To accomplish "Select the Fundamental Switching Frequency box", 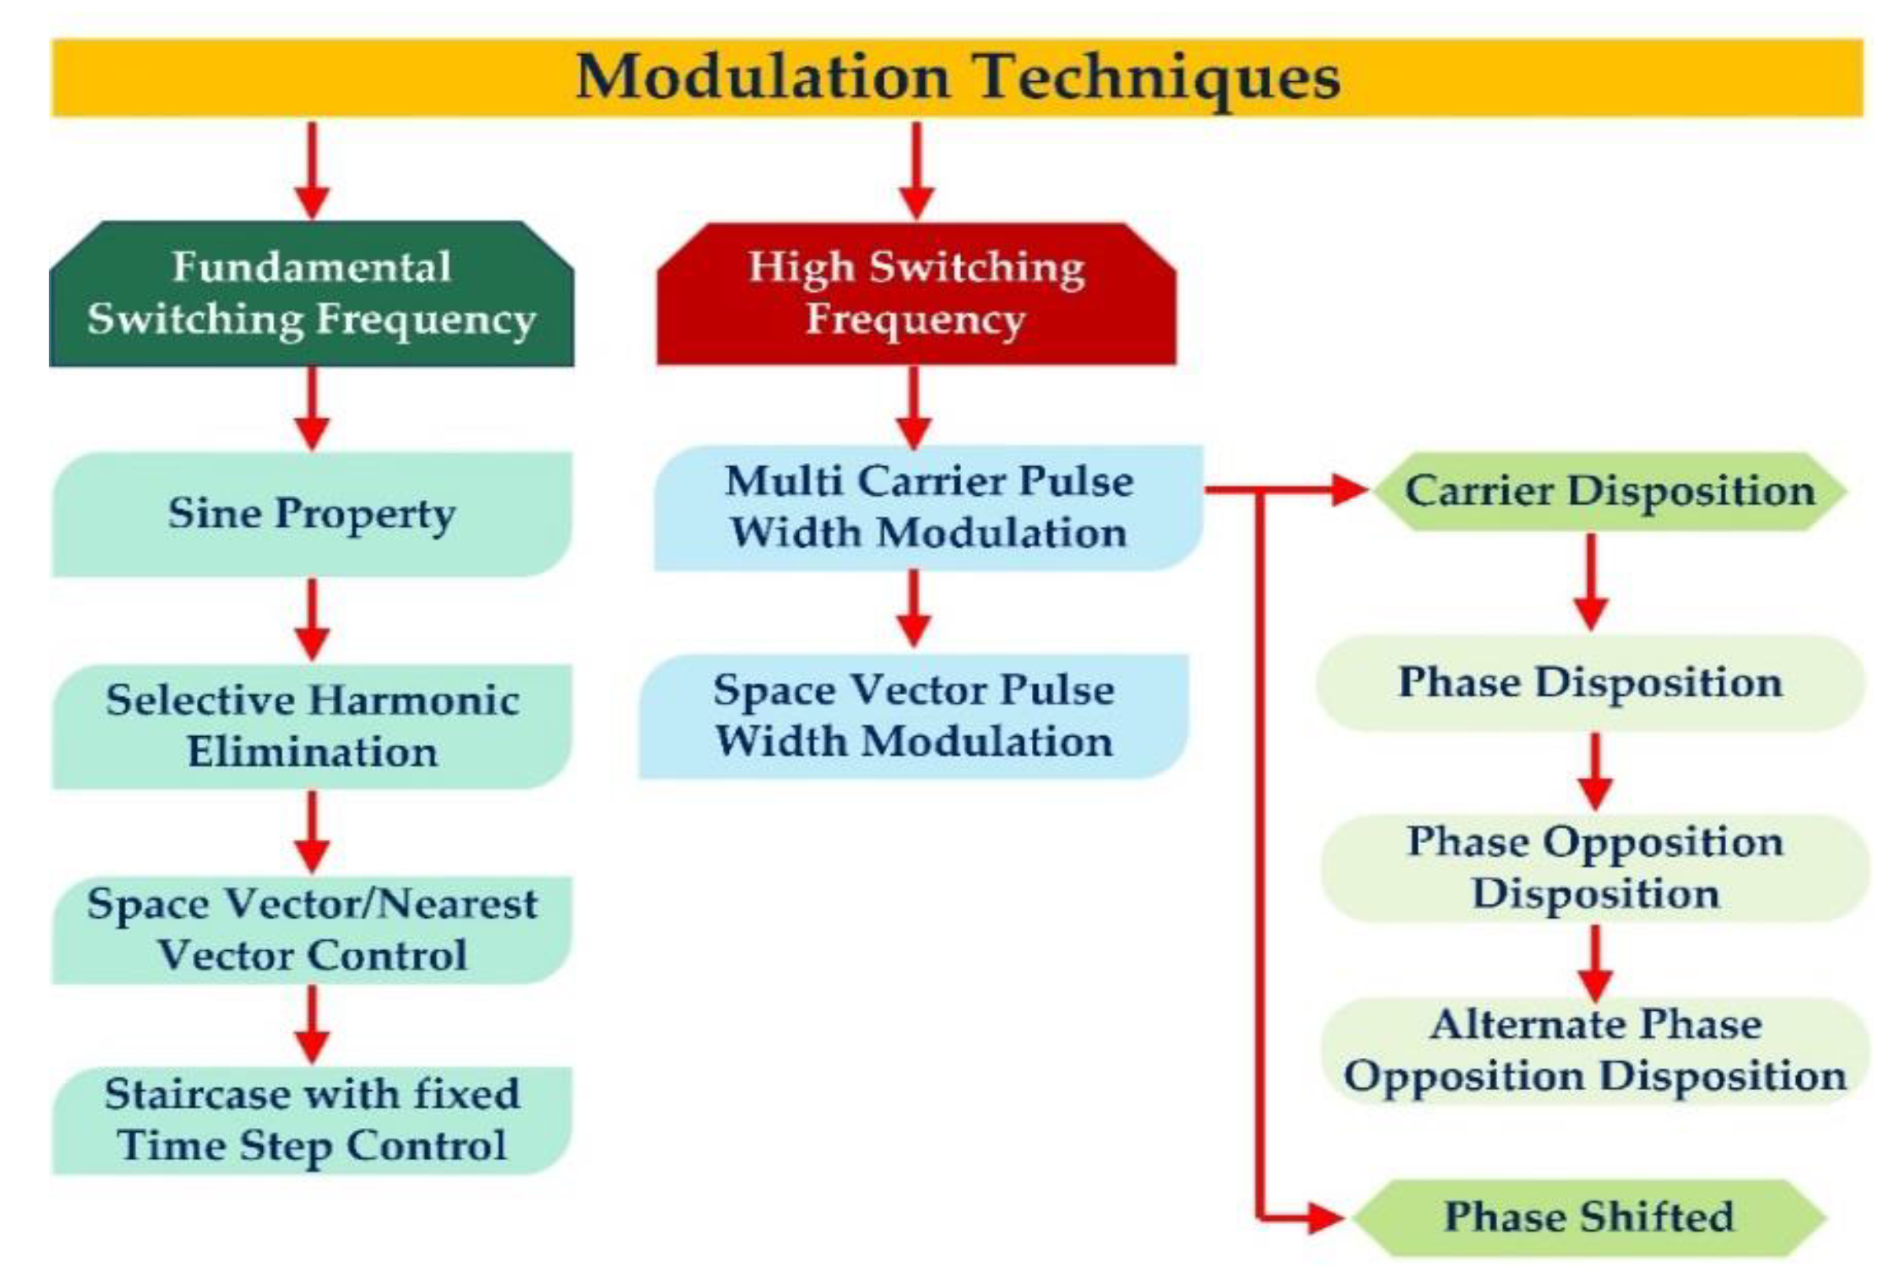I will pos(312,294).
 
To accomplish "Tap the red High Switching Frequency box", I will pos(916,294).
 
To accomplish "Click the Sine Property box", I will pos(312,513).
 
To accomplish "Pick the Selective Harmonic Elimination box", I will pos(312,726).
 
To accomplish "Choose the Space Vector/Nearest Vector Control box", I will pos(312,929).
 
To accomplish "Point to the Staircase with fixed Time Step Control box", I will pos(312,1120).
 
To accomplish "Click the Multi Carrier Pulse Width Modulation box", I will pos(928,507).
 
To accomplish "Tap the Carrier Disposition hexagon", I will pos(1610,491).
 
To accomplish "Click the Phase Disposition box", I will pos(1590,682).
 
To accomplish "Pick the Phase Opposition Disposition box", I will pos(1595,868).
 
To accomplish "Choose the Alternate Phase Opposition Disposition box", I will pos(1595,1050).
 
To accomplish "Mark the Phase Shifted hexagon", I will pos(1589,1216).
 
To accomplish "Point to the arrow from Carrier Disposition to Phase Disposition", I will pos(1591,581).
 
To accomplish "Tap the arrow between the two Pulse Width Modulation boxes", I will pos(914,608).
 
